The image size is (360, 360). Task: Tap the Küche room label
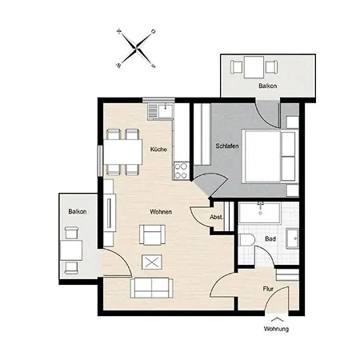(158, 150)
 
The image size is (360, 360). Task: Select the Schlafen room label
(228, 146)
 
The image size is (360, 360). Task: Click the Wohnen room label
(160, 211)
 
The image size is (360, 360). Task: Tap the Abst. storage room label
(216, 218)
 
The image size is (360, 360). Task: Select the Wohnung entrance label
(276, 330)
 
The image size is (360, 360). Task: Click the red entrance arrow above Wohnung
(276, 319)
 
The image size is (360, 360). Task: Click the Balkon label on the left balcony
(78, 211)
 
